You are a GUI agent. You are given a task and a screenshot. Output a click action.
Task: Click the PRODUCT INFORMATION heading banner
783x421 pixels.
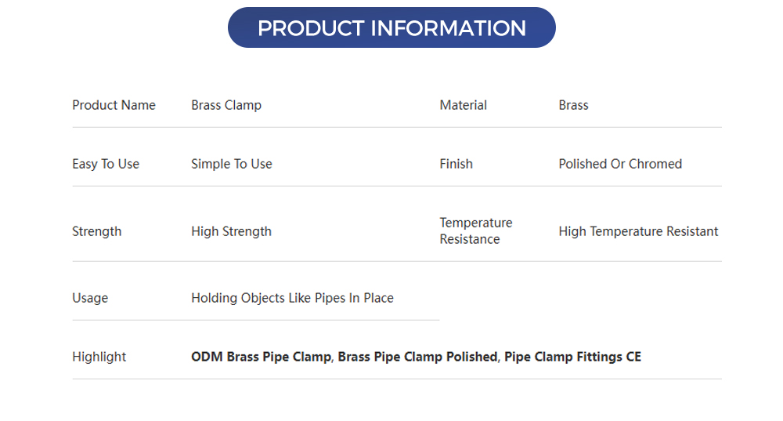[x=391, y=28]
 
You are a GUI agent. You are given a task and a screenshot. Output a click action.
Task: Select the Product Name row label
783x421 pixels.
[x=114, y=105]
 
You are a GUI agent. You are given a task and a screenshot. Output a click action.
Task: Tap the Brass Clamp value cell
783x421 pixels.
[x=226, y=105]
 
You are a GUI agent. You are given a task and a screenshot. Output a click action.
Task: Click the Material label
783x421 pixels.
[x=463, y=105]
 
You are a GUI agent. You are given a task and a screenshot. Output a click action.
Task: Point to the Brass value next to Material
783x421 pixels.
[x=573, y=105]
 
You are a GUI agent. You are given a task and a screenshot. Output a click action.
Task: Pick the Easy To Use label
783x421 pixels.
[x=106, y=164]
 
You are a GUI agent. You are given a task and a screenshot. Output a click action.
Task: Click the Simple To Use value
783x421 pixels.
[x=232, y=164]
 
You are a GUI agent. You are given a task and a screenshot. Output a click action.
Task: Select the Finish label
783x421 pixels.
[x=456, y=164]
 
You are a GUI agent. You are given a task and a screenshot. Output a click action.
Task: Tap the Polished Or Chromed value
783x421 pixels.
[x=620, y=164]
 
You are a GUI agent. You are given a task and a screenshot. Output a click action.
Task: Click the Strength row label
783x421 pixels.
[x=96, y=231]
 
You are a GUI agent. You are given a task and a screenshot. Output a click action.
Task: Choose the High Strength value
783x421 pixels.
[x=231, y=231]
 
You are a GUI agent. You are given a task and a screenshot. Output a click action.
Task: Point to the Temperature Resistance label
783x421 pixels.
[x=475, y=231]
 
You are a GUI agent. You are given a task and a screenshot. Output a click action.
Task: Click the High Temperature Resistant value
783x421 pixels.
[x=638, y=231]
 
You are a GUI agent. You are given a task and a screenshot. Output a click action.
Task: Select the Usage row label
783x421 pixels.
[x=90, y=298]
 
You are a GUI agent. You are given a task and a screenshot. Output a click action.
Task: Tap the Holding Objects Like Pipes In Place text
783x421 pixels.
[x=292, y=298]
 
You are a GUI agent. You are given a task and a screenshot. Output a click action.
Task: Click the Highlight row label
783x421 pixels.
[x=99, y=357]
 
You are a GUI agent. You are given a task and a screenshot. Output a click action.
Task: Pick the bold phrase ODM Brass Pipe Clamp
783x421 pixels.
[x=261, y=357]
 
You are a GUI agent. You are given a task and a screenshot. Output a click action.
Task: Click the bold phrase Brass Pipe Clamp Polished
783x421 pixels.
[x=417, y=357]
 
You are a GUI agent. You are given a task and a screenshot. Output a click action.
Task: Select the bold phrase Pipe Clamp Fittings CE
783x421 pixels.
[x=572, y=357]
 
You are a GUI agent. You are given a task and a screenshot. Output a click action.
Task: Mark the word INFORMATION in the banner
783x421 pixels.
[x=448, y=28]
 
